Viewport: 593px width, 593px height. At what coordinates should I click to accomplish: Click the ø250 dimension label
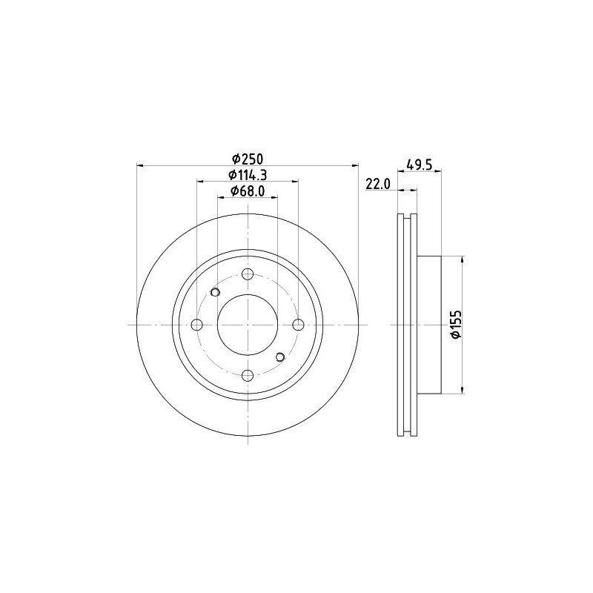248,159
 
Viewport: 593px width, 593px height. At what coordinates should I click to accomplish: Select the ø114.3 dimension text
248,175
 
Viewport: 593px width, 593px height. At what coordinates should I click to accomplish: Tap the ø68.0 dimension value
248,191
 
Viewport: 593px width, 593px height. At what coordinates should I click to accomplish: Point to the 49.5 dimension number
419,165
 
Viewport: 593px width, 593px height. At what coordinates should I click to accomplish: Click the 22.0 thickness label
377,184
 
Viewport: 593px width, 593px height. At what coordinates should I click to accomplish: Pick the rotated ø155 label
457,324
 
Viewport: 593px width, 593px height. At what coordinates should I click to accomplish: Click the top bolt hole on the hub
248,274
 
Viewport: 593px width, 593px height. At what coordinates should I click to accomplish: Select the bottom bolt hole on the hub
248,376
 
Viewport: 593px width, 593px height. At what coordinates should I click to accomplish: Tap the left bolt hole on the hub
197,325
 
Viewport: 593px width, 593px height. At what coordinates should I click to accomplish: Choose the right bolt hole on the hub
299,325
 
